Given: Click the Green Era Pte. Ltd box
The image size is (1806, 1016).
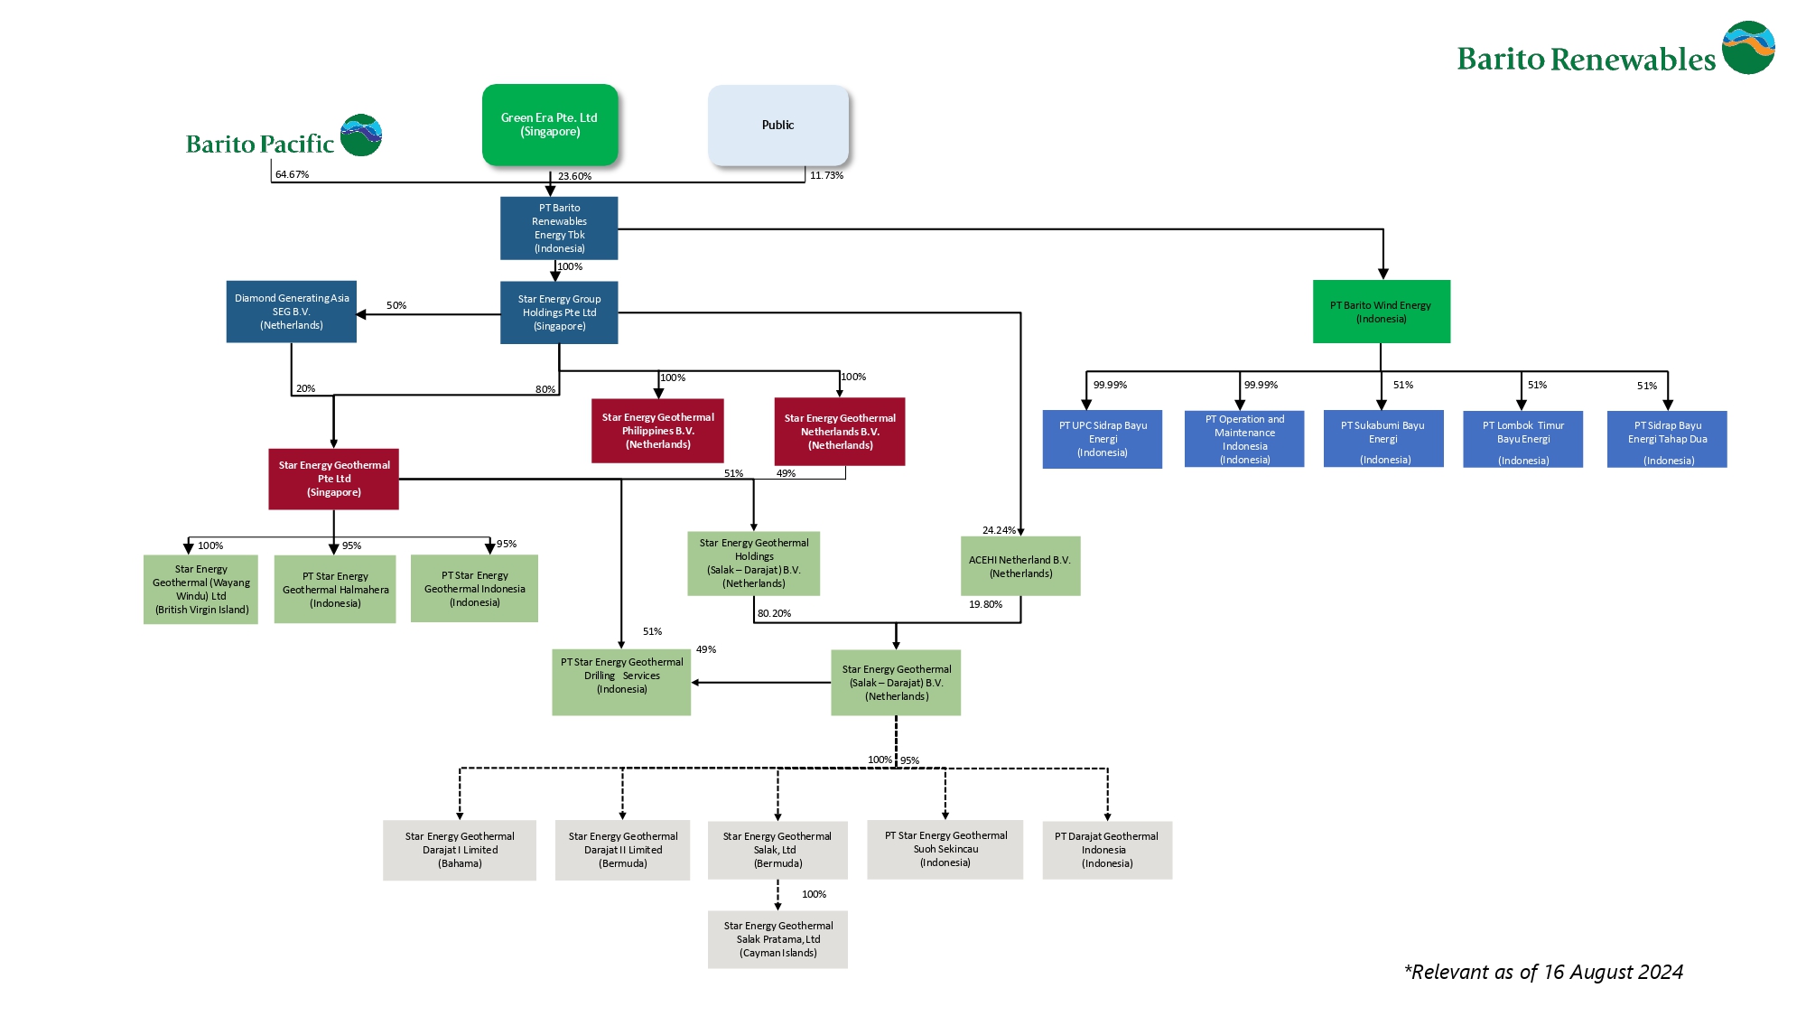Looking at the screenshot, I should point(549,125).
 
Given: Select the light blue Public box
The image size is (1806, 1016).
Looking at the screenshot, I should point(777,125).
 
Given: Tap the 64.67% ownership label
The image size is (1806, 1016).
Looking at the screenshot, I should point(292,174).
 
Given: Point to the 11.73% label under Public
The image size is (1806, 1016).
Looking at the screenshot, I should point(826,175).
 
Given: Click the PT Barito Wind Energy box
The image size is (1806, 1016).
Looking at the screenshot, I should point(1381,312).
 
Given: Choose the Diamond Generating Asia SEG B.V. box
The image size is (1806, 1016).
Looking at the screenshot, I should point(291,312).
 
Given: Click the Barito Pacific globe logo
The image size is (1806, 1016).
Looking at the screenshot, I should point(361,135).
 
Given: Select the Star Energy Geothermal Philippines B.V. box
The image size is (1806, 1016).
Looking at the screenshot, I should point(657,431).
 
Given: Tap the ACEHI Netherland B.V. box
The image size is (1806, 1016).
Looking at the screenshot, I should point(1019,566).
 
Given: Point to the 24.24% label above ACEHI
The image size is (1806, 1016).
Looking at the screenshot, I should point(998,530).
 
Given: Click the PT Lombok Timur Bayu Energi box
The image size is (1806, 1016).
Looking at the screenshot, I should point(1522,439).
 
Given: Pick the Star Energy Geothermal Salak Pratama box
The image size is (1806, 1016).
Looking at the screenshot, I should point(777,939).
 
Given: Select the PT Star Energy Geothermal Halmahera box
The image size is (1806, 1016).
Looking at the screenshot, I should point(335,589).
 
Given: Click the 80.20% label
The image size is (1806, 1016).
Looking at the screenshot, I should point(774,613).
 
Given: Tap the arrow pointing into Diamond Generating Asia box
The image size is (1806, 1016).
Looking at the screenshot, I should point(362,314).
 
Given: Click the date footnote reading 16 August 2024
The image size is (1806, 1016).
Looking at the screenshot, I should point(1543,972).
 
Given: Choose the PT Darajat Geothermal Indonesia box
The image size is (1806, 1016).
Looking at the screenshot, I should point(1107,850).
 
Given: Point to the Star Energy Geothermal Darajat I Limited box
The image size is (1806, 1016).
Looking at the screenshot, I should point(460,850).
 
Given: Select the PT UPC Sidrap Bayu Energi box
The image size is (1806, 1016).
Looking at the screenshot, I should point(1102,439).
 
